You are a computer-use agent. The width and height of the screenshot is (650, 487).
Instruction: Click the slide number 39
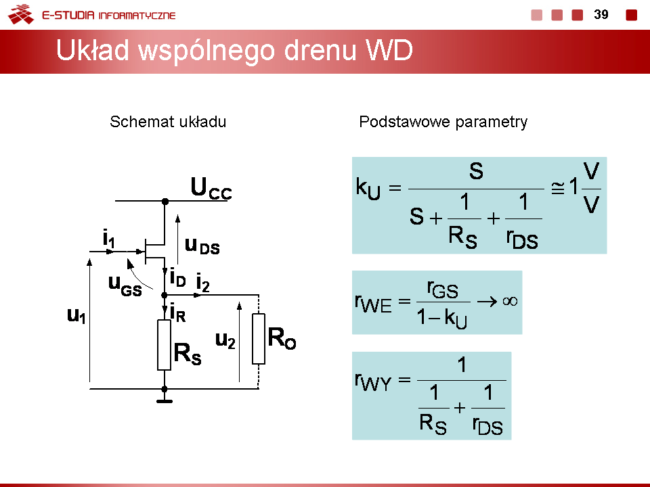pyautogui.click(x=601, y=14)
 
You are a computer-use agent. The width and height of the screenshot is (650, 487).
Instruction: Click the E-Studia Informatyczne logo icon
pyautogui.click(x=21, y=14)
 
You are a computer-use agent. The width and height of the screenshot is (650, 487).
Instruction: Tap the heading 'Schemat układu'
pyautogui.click(x=168, y=122)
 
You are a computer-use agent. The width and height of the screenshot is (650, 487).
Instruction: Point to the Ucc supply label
pyautogui.click(x=211, y=189)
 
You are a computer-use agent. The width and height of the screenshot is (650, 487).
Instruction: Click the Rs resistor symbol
pyautogui.click(x=164, y=344)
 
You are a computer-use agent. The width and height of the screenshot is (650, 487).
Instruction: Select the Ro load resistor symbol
pyautogui.click(x=259, y=339)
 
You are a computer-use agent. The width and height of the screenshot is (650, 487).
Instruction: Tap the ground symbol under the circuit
pyautogui.click(x=165, y=401)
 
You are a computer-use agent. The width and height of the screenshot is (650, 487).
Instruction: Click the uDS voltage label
pyautogui.click(x=202, y=246)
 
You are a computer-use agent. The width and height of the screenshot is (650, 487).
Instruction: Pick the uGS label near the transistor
pyautogui.click(x=125, y=285)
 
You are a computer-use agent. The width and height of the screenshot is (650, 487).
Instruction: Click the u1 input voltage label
pyautogui.click(x=77, y=316)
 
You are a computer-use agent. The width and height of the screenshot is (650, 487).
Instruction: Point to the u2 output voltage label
pyautogui.click(x=225, y=340)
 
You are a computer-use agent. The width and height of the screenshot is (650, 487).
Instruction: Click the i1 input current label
pyautogui.click(x=108, y=238)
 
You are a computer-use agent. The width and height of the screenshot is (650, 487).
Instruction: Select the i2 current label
pyautogui.click(x=202, y=283)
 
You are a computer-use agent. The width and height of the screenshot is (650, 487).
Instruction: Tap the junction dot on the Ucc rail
pyautogui.click(x=165, y=202)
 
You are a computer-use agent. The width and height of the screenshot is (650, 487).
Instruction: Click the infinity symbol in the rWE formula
pyautogui.click(x=510, y=301)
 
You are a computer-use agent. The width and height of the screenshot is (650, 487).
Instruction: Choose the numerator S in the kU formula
pyautogui.click(x=476, y=171)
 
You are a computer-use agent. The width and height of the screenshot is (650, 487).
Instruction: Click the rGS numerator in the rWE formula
pyautogui.click(x=443, y=289)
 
